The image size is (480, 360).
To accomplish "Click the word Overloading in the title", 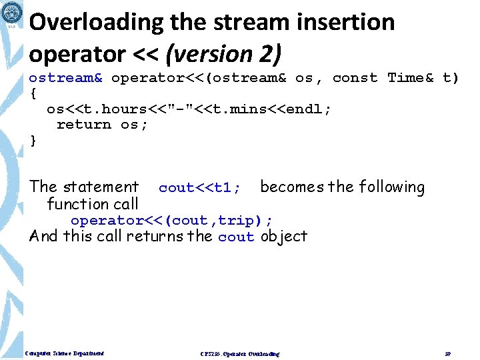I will (87, 23).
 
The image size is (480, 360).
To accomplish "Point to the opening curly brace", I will (33, 93).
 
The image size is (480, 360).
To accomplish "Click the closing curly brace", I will (33, 140).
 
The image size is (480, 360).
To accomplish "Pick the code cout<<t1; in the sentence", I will (200, 188).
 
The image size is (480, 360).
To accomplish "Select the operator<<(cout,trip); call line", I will (172, 221).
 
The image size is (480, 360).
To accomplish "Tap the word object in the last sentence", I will (284, 236).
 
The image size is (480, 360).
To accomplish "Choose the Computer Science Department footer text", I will (65, 353).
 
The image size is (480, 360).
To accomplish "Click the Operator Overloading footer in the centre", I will (240, 353).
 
